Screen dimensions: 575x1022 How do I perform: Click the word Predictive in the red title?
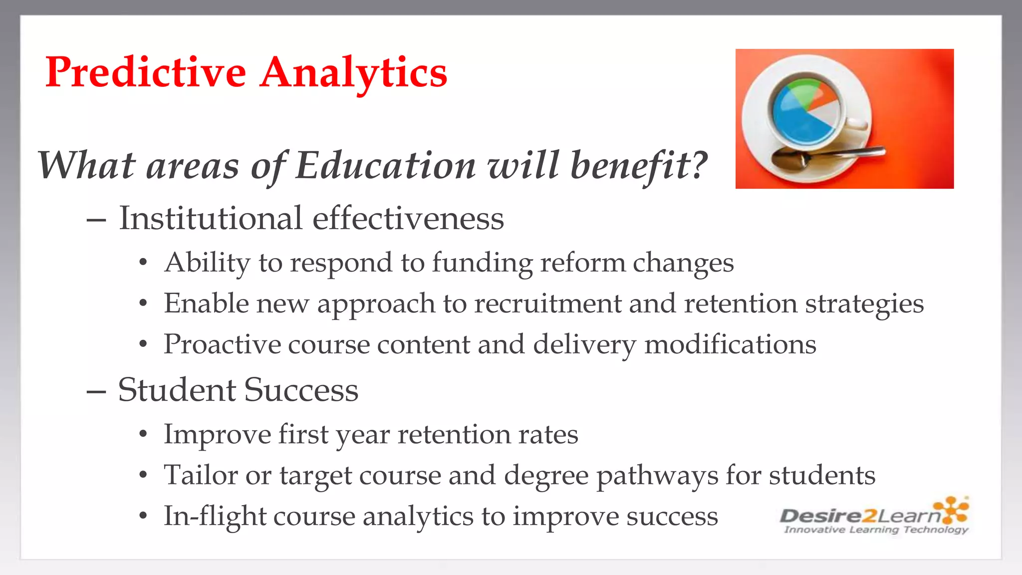point(145,72)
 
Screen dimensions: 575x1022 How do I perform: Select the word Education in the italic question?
point(385,165)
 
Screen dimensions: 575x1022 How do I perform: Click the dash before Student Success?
point(96,391)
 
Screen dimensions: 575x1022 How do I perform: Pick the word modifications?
point(730,344)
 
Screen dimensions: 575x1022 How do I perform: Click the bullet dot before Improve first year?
point(143,434)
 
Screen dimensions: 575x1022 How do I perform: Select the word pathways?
point(657,475)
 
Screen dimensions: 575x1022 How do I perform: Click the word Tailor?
point(201,475)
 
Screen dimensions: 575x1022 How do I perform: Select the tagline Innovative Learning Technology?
point(876,530)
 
